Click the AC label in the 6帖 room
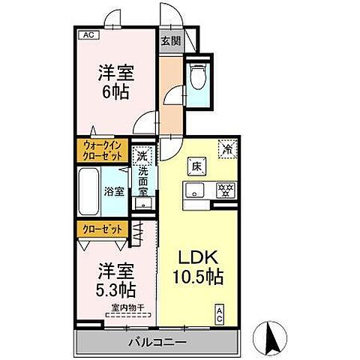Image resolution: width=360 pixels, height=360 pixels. point(88,34)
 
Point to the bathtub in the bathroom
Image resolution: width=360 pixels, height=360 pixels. point(88,190)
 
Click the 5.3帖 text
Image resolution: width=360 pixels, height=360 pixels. point(116,288)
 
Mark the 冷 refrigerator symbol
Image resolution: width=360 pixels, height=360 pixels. point(226,148)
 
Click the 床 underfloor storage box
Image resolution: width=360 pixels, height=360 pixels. point(193,164)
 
